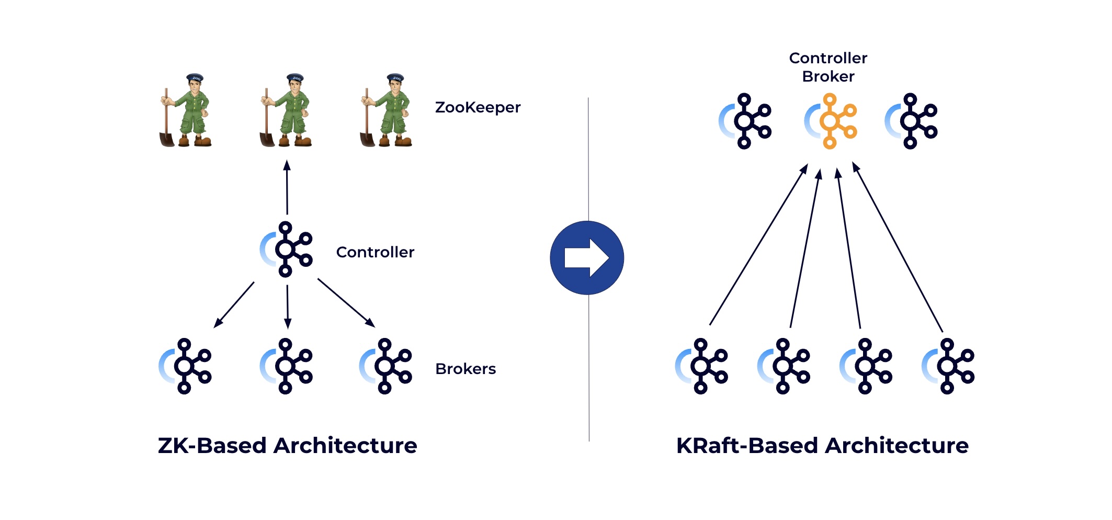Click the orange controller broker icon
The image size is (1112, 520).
(830, 121)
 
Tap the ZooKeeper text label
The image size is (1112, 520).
(478, 107)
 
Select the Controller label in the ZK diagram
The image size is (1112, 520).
(375, 252)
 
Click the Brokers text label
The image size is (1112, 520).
(466, 369)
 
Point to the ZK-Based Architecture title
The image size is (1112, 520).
(287, 446)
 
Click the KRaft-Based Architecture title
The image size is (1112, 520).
(822, 446)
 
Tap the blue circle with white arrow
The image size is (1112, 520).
(587, 257)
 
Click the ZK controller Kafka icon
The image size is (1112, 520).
(287, 250)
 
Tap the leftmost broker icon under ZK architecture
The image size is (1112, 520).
(185, 366)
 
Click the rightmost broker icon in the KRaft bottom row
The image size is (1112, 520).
(948, 366)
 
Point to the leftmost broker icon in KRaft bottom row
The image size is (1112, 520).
(701, 366)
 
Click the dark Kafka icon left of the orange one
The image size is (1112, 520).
(745, 121)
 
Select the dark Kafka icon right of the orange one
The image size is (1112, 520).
(911, 121)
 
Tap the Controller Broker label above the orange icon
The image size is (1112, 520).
(828, 67)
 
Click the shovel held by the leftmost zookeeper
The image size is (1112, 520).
(166, 128)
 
